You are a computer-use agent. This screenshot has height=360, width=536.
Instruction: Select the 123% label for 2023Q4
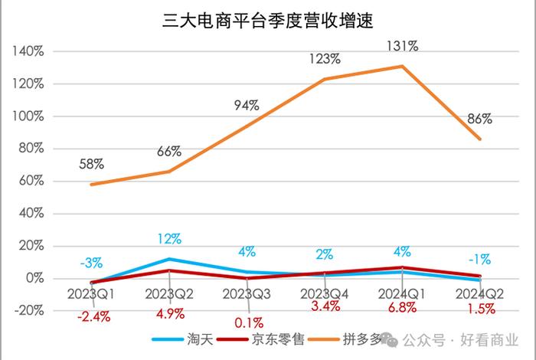325,58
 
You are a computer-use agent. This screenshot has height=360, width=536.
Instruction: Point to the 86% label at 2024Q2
479,119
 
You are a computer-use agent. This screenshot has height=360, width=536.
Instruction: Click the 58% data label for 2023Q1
92,164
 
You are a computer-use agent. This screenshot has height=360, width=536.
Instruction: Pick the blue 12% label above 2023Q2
169,240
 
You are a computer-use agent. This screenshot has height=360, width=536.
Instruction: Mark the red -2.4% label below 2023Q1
92,315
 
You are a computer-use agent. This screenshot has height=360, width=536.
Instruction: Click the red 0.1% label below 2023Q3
247,322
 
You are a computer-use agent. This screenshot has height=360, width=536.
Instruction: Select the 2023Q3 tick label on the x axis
247,293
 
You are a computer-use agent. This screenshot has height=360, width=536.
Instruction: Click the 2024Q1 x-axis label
403,293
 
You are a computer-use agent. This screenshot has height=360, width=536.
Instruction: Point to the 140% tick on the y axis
28,51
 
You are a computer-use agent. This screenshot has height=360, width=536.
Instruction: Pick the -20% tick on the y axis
28,311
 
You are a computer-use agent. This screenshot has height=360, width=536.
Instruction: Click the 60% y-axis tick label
30,181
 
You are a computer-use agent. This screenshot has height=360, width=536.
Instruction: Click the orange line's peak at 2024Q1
403,66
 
